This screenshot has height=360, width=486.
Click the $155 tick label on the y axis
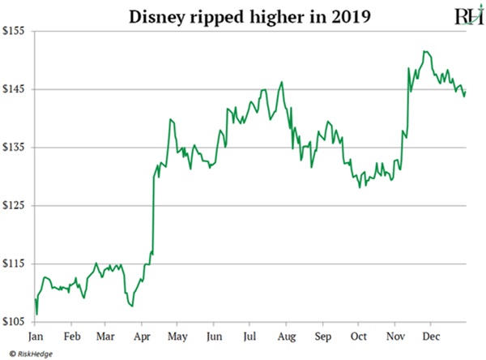pyautogui.click(x=15, y=31)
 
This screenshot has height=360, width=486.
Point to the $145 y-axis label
pyautogui.click(x=15, y=89)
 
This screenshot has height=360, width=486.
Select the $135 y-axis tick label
pyautogui.click(x=15, y=148)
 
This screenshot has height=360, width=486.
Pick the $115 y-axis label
pyautogui.click(x=15, y=264)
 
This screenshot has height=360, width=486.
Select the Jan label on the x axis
pyautogui.click(x=36, y=335)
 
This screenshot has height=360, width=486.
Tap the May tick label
pyautogui.click(x=178, y=335)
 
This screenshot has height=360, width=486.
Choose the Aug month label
pyautogui.click(x=287, y=335)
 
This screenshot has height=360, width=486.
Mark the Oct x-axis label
pyautogui.click(x=359, y=335)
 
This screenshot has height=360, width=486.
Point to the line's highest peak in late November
pyautogui.click(x=424, y=51)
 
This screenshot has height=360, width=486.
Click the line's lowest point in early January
pyautogui.click(x=36, y=315)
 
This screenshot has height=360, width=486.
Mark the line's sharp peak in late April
pyautogui.click(x=170, y=119)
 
